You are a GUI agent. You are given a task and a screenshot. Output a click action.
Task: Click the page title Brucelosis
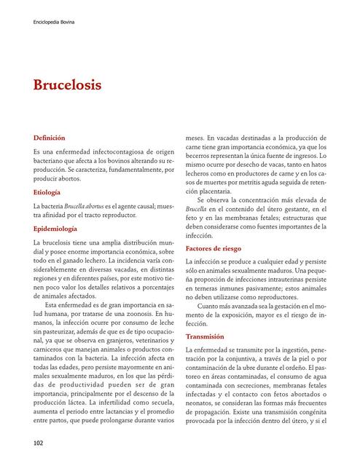[x=67, y=85]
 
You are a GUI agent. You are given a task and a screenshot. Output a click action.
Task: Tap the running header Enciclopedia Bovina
[x=54, y=23]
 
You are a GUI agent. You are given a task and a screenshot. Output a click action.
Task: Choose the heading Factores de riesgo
[x=219, y=248]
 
